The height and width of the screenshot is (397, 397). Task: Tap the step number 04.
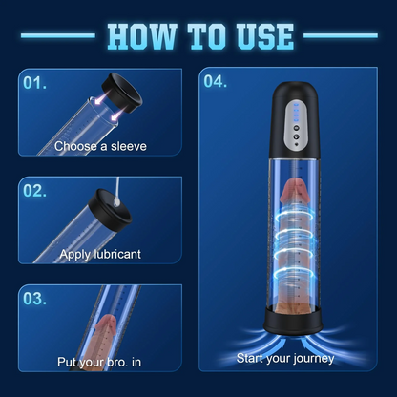pyautogui.click(x=216, y=81)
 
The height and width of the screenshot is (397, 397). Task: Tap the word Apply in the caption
pyautogui.click(x=74, y=254)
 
